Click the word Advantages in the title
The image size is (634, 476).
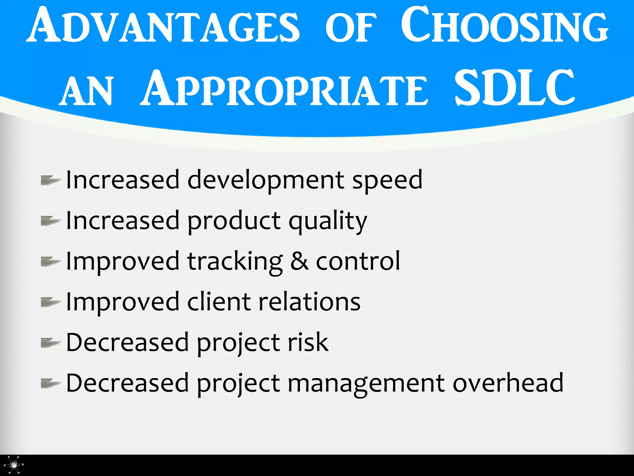coord(163,25)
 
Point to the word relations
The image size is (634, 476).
coord(310,302)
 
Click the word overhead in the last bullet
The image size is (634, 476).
coord(508,383)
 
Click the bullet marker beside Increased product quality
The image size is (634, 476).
coord(50,221)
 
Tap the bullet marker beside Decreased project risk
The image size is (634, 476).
coord(50,342)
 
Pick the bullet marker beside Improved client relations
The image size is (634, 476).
coord(50,302)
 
